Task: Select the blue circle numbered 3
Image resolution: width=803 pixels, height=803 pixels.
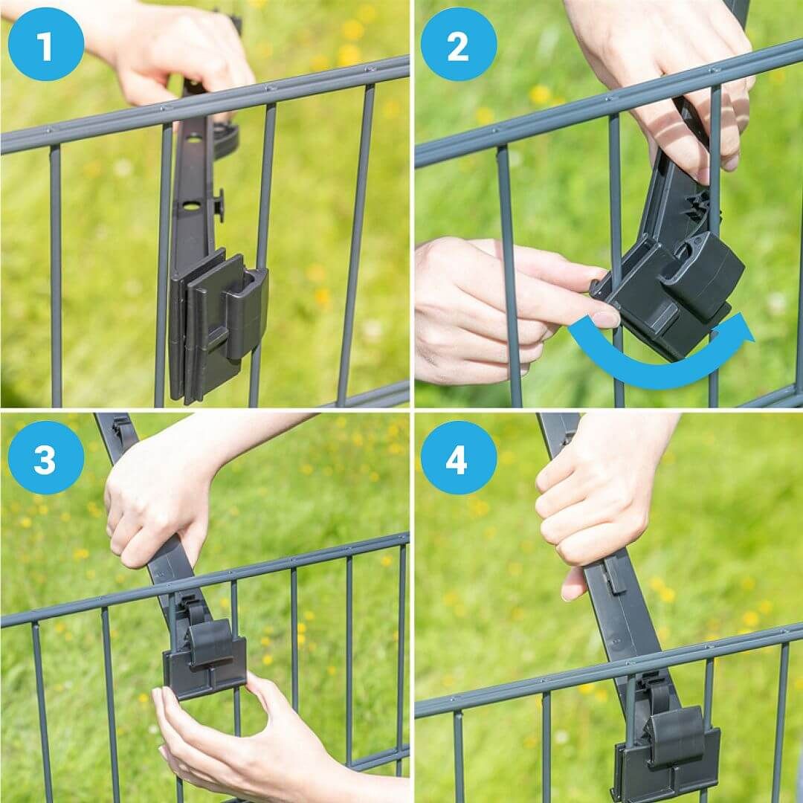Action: point(45,457)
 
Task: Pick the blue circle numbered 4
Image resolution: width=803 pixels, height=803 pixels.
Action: point(458,457)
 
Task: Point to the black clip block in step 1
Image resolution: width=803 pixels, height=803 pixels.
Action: point(218,324)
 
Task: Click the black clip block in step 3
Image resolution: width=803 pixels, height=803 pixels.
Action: point(205,658)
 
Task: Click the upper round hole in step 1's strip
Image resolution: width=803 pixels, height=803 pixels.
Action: point(194,139)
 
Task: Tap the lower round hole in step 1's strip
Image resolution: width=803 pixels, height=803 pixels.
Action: point(190,206)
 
